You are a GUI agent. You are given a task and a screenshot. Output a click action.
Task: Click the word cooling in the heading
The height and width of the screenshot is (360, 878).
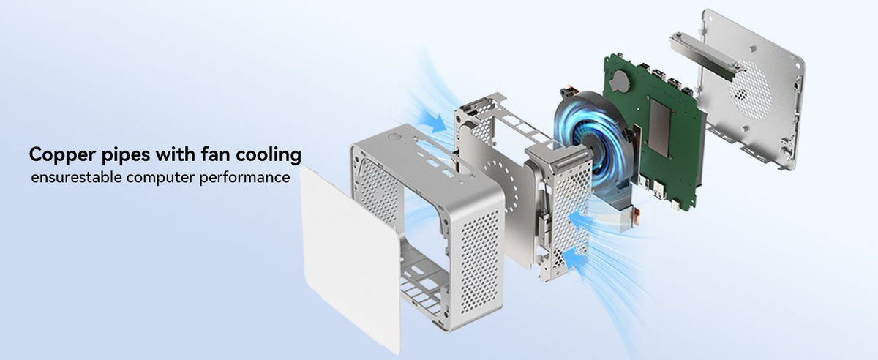269,155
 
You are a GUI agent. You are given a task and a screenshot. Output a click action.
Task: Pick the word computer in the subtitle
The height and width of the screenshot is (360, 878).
160,178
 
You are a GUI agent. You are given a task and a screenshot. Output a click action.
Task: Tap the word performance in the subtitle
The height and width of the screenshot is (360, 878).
244,178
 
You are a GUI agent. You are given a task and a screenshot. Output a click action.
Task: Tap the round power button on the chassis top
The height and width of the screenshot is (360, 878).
394,138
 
